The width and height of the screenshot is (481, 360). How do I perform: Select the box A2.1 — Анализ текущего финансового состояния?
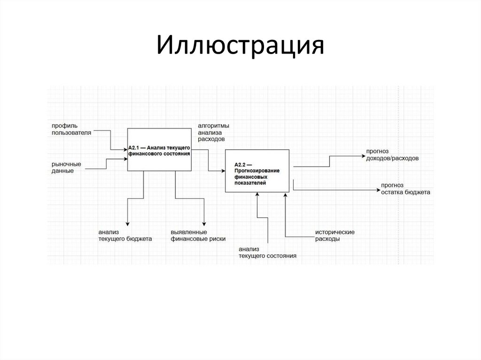pyautogui.click(x=159, y=150)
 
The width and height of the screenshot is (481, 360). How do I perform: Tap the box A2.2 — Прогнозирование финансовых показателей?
pyautogui.click(x=257, y=170)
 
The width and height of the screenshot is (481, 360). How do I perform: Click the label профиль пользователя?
pyautogui.click(x=71, y=130)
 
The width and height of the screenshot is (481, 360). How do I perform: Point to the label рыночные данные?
pyautogui.click(x=66, y=168)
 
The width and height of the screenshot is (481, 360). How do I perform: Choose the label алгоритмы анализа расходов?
pyautogui.click(x=213, y=132)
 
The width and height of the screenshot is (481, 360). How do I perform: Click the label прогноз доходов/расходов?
pyautogui.click(x=392, y=155)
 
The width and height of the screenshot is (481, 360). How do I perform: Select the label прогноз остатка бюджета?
pyautogui.click(x=405, y=189)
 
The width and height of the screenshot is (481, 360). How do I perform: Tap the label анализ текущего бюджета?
pyautogui.click(x=125, y=236)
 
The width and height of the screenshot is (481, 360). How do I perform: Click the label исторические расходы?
pyautogui.click(x=334, y=236)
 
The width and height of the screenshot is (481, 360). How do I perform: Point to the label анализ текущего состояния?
pyautogui.click(x=267, y=253)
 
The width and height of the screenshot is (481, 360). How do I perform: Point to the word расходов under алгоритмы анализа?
pyautogui.click(x=211, y=139)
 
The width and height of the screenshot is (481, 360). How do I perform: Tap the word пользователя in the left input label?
pyautogui.click(x=71, y=133)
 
